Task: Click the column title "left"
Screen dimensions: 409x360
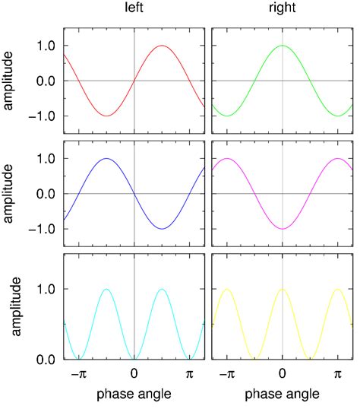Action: tap(134, 10)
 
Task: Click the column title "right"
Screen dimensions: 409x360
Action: tap(283, 10)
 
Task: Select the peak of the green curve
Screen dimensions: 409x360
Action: tap(283, 46)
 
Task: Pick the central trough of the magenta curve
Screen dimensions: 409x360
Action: tap(283, 228)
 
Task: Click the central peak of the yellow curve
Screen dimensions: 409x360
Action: tap(283, 289)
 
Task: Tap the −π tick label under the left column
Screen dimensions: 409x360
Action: tap(75, 375)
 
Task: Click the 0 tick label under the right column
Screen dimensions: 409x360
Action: tap(283, 375)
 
